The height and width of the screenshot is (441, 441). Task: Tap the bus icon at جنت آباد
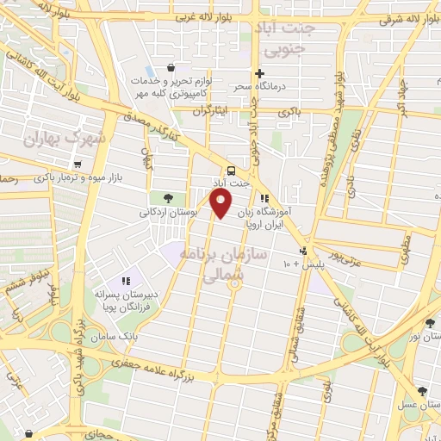(x=231, y=170)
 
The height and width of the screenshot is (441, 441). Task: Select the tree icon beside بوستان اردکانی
(x=167, y=197)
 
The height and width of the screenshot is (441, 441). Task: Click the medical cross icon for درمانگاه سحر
(x=259, y=73)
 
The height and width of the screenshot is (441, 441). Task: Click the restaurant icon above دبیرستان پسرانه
(x=126, y=280)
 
